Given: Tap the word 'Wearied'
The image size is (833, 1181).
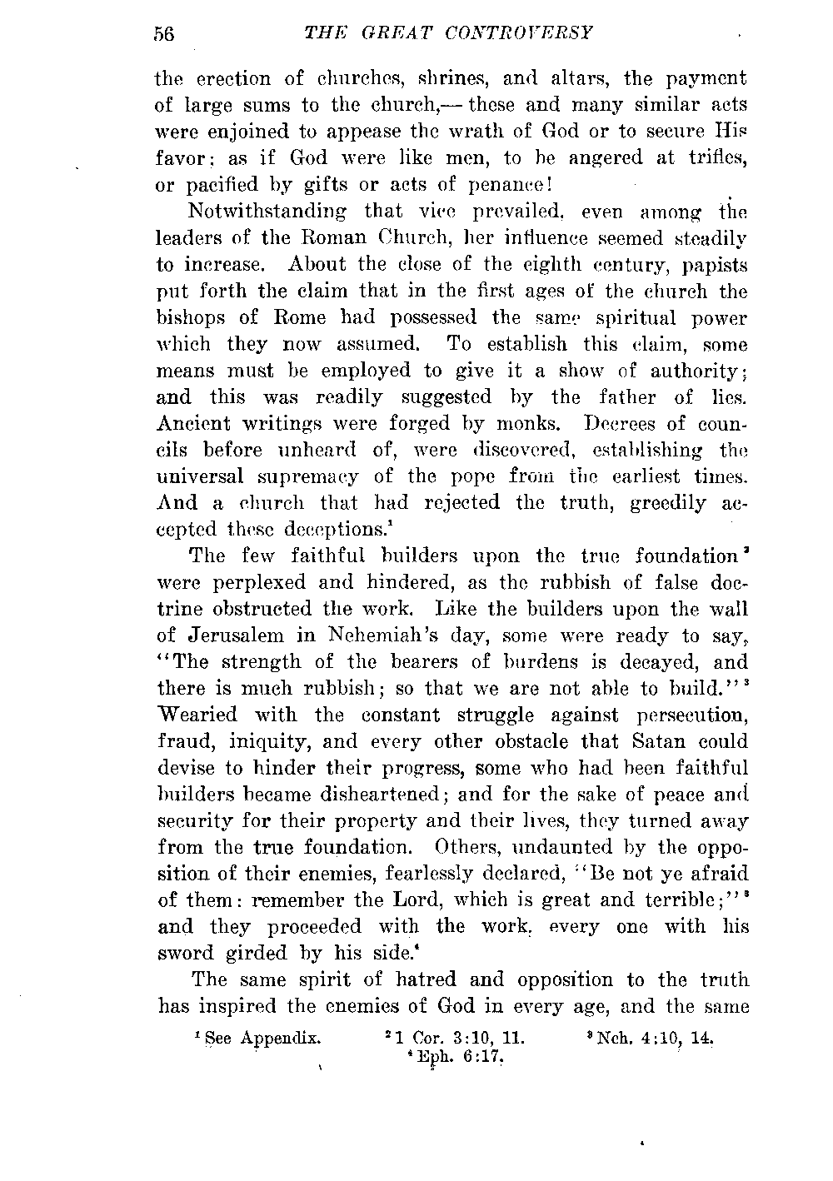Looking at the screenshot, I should click(197, 715).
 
